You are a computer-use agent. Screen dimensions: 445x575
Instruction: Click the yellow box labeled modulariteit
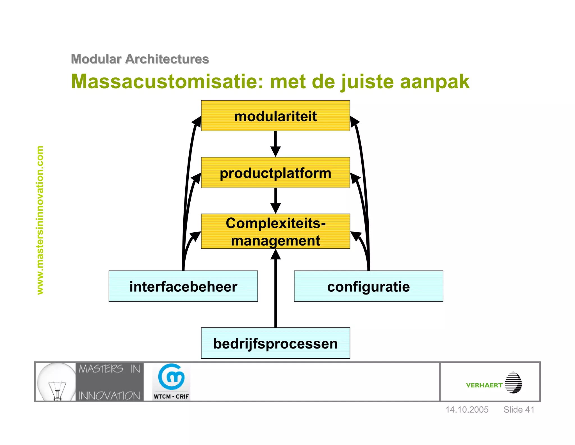coord(275,116)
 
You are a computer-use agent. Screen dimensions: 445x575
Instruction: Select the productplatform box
coord(275,173)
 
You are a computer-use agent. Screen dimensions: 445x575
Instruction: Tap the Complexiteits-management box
coord(275,232)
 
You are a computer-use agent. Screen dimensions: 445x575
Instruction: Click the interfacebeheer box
coord(183,286)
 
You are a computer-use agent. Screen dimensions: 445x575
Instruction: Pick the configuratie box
coord(368,286)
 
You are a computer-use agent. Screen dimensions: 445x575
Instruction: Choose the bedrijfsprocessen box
coord(275,343)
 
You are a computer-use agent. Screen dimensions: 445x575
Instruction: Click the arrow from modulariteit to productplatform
coord(275,144)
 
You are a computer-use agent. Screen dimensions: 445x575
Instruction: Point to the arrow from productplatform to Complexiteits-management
coord(275,201)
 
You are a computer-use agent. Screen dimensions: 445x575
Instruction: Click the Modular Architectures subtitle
coord(140,59)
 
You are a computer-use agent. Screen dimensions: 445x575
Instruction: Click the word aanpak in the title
coord(434,82)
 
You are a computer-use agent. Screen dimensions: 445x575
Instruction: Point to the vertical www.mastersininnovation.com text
coord(40,220)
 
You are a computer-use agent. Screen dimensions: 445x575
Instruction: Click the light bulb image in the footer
coord(56,382)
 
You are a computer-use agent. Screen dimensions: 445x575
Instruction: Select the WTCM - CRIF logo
coord(171,382)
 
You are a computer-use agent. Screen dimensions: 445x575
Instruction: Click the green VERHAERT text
coord(484,385)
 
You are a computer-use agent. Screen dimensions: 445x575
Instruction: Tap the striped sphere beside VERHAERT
coord(513,383)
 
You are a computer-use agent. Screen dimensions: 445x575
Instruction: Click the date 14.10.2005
coord(467,410)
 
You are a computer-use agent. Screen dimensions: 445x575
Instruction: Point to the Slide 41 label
coord(519,410)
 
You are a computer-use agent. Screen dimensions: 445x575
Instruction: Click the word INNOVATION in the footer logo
coord(109,396)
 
